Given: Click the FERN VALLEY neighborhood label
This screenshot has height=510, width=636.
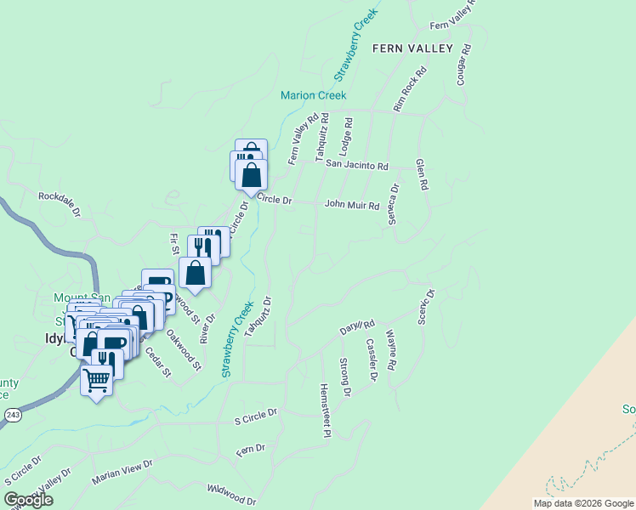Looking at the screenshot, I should (x=412, y=48).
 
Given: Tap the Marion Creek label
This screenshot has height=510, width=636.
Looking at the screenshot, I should (x=314, y=95).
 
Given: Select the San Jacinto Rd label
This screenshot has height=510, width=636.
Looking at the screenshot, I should (x=356, y=166).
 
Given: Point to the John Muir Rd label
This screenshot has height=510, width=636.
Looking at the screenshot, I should (x=351, y=205).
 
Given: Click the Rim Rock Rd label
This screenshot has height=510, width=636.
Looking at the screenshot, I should (x=409, y=91).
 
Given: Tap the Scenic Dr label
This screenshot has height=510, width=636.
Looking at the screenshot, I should (x=426, y=307).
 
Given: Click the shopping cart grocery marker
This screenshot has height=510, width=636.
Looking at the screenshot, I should (x=97, y=379).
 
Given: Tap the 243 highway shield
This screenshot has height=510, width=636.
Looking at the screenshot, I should (x=11, y=414).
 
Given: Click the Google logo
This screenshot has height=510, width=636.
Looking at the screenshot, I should (x=27, y=500).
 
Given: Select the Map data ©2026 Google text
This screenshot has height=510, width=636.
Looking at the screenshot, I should (x=582, y=503).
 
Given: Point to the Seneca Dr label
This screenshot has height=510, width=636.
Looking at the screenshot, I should (x=394, y=205).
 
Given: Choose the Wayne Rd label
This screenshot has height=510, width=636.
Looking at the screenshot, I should (x=391, y=350).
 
